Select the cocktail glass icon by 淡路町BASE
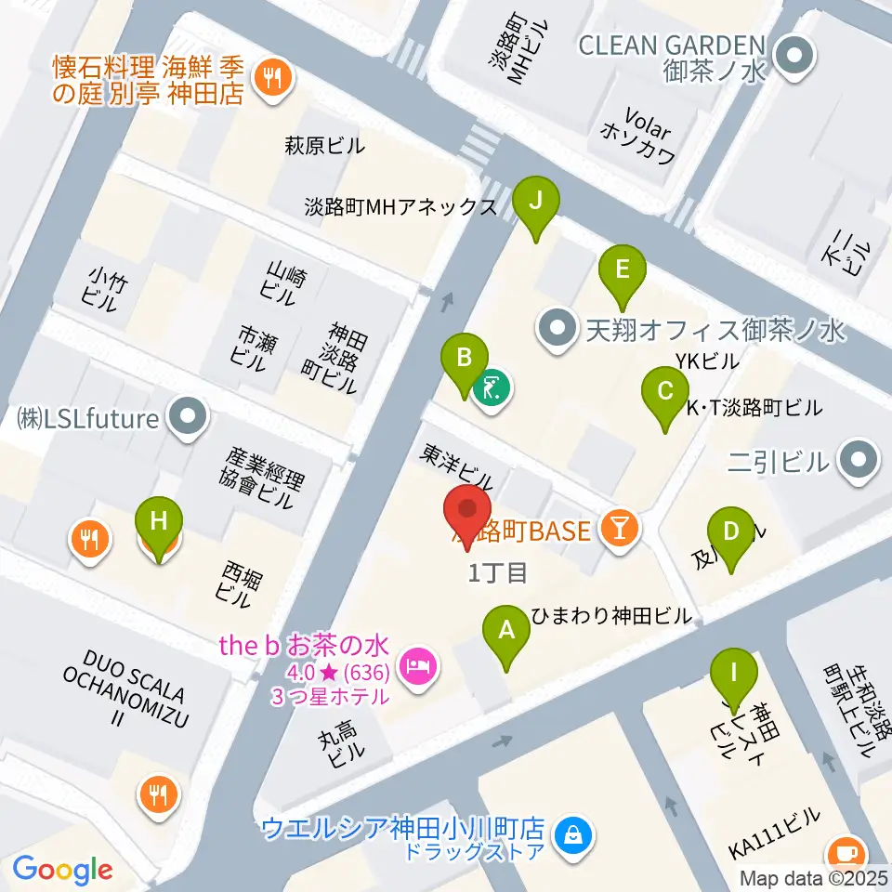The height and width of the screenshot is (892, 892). tap(618, 529)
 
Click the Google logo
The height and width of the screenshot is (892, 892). tap(63, 871)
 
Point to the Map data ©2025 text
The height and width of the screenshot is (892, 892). tap(814, 878)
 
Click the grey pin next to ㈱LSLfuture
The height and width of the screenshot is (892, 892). tap(190, 418)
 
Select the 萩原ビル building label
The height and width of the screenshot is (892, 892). tap(324, 146)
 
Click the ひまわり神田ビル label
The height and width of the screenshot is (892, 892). tap(611, 616)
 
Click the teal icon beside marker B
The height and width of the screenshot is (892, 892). tap(489, 387)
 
